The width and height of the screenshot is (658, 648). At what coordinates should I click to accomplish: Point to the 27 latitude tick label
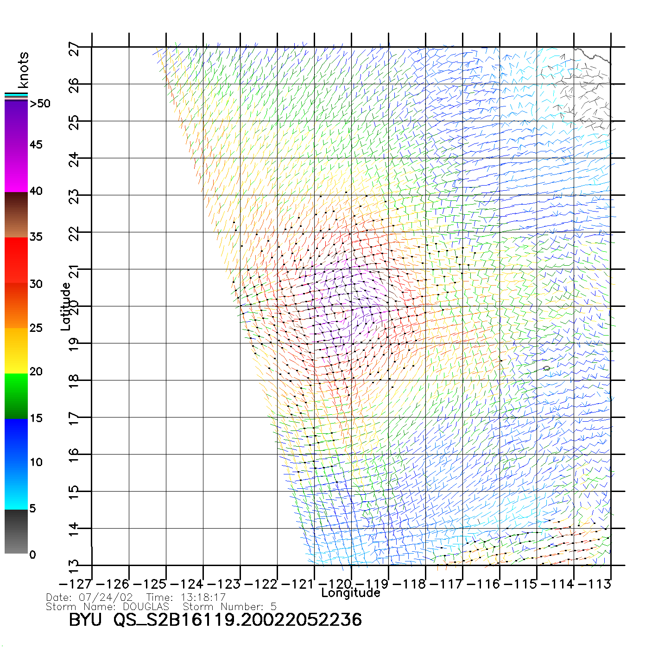[74, 48]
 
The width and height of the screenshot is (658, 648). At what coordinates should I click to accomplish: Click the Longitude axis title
[351, 593]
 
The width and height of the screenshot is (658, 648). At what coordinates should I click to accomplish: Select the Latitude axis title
[66, 306]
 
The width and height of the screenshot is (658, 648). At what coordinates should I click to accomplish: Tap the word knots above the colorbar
[23, 70]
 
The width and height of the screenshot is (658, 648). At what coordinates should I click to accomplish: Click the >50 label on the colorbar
[40, 104]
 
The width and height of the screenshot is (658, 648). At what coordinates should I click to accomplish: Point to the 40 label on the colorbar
[36, 191]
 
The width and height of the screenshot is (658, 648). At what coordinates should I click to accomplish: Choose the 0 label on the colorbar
[32, 555]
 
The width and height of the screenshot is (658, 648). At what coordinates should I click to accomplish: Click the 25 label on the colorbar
[36, 328]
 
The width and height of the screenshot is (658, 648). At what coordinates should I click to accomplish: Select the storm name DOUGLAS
[146, 606]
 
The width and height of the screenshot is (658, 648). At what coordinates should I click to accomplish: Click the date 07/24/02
[106, 598]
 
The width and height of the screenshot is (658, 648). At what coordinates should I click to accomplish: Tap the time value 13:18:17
[203, 598]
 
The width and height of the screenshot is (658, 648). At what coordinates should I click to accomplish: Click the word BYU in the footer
[85, 620]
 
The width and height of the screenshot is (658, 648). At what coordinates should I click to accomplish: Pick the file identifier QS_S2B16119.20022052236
[238, 620]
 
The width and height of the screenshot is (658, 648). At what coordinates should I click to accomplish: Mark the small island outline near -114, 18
[547, 368]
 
